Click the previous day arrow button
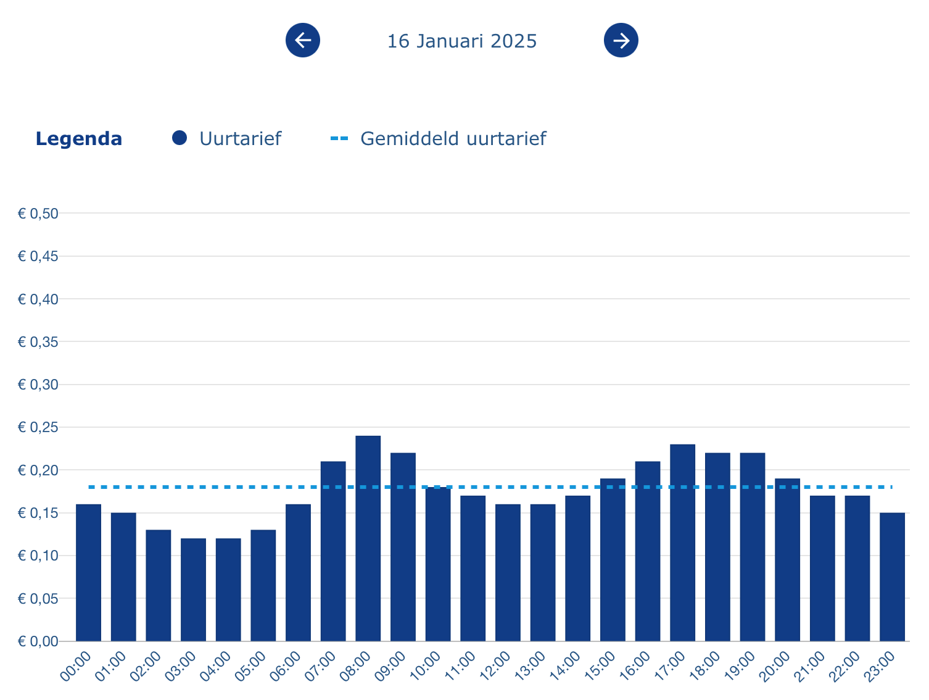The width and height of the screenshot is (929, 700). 303,40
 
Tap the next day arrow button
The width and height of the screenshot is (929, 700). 621,40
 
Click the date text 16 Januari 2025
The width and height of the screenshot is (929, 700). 461,41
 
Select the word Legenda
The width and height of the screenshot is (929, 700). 78,139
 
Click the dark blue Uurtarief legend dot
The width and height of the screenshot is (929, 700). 180,138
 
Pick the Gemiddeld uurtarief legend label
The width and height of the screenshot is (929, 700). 453,139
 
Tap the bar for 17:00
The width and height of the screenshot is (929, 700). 683,543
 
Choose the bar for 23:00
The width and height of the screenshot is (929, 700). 892,577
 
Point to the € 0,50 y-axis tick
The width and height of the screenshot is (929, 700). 38,214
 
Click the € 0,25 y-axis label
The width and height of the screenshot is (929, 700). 38,428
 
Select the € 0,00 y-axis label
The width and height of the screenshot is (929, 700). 38,642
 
